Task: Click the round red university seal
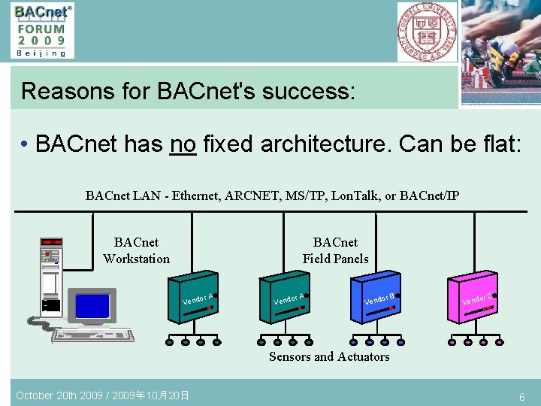point(426,31)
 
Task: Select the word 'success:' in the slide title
point(308,91)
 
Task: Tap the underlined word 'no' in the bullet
point(183,143)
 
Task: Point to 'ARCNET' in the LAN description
point(256,196)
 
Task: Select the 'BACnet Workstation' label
point(136,250)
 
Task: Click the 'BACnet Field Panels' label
point(335,250)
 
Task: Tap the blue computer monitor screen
point(92,306)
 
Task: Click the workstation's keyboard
point(93,334)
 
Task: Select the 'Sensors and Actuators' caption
point(329,357)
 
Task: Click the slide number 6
point(521,396)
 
